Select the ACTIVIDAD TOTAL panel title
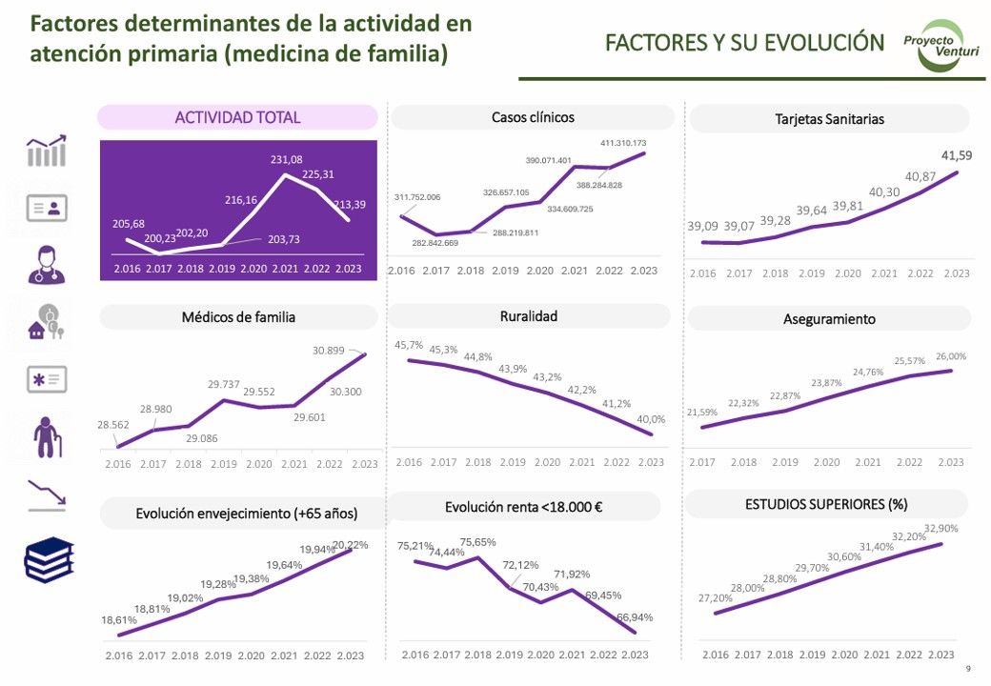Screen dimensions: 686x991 coord(237,117)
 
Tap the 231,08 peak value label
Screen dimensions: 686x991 coord(286,159)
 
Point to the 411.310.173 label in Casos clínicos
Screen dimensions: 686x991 coord(623,143)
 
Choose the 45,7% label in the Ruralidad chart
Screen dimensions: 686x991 coord(410,345)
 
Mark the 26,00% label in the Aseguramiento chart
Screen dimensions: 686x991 coord(950,356)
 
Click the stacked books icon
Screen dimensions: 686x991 coord(48,560)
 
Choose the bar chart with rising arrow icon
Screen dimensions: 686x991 coord(47,151)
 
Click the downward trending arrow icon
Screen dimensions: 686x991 coord(47,495)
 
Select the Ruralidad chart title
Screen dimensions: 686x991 coord(529,316)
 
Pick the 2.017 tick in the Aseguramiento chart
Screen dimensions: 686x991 coord(702,462)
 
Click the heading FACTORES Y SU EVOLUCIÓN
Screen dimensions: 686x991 coord(745,43)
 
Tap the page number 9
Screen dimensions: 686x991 coord(969,669)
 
